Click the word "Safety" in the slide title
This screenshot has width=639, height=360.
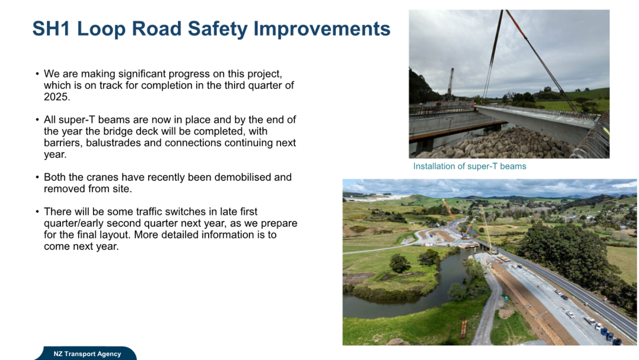pos(218,29)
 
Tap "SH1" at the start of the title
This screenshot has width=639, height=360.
pos(51,28)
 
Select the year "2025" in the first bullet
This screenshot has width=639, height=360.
pos(56,97)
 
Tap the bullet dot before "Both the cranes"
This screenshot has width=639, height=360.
pos(37,177)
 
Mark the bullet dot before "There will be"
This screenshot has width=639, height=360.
pos(37,212)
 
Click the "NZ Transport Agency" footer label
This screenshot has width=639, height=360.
pos(87,354)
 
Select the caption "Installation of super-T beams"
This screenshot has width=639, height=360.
pos(470,166)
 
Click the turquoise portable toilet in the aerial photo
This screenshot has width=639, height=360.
pos(506,298)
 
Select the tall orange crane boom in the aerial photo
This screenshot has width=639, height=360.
pos(449,210)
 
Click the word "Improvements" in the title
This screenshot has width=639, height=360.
pos(322,29)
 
